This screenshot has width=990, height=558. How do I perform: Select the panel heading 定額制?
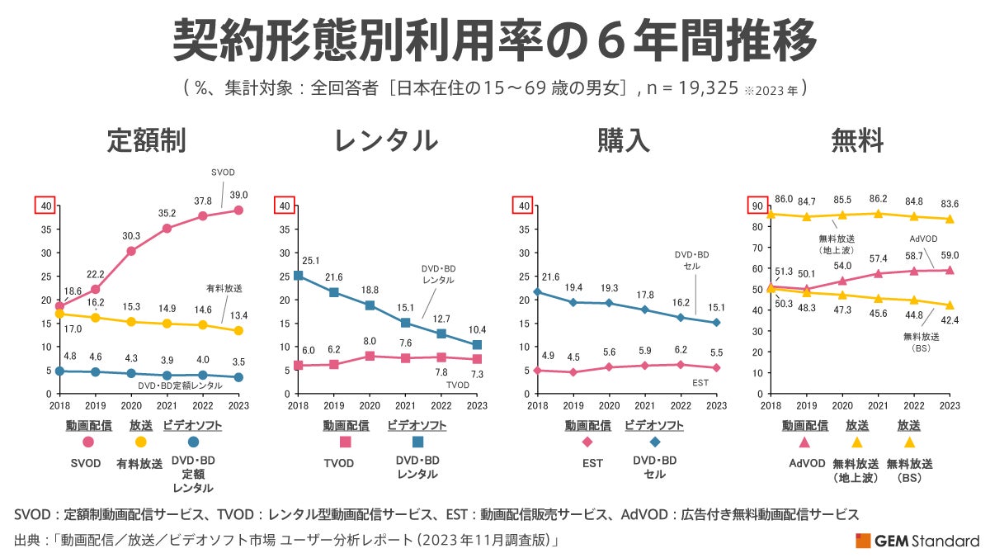pos(146,141)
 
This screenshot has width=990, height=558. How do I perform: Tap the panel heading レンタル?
pos(385,141)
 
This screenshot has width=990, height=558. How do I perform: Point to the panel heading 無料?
pos(858,141)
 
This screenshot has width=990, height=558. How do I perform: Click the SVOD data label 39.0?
pos(238,195)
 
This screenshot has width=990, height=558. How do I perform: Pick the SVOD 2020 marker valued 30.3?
pos(131,251)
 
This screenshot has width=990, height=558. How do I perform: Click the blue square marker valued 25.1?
pos(298,276)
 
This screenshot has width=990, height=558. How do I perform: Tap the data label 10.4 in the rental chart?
pos(477,329)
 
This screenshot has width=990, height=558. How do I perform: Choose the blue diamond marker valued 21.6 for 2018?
pos(537,292)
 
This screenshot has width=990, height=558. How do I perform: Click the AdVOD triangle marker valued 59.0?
pos(950,270)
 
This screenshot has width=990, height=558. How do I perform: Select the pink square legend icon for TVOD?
pos(345,442)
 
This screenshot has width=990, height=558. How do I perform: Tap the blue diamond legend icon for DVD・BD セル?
pos(654,442)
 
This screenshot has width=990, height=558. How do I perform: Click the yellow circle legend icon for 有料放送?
pos(141,442)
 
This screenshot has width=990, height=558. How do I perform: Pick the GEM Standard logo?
pos(917,541)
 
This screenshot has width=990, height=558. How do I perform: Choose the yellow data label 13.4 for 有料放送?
pos(238,314)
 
